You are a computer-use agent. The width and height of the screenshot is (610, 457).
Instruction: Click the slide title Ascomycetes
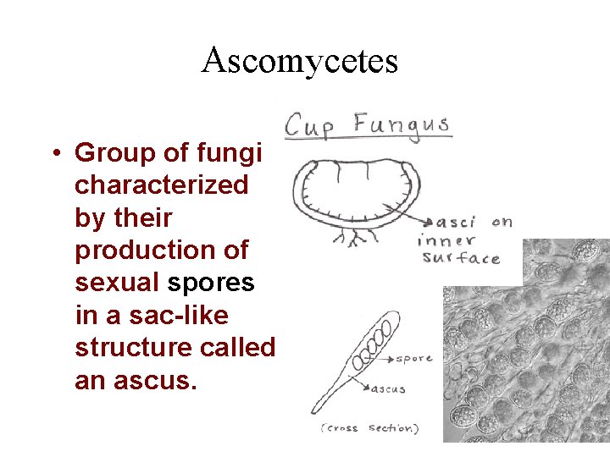tap(300, 61)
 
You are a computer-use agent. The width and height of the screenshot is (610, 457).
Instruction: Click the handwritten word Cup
tap(310, 126)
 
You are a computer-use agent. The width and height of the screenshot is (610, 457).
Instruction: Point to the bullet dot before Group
tap(53, 153)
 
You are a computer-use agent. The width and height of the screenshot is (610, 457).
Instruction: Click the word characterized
tap(161, 185)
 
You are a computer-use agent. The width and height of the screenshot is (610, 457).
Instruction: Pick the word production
tap(161, 251)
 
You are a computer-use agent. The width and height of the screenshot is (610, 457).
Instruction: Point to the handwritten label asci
tap(455, 223)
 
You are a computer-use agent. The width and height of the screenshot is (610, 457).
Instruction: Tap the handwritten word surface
tap(460, 258)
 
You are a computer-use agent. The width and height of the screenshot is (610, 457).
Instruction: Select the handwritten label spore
tap(414, 359)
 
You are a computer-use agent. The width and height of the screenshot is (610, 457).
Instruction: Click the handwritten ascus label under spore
tap(388, 390)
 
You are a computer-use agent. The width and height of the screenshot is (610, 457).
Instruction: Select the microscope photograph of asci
tap(525, 347)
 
